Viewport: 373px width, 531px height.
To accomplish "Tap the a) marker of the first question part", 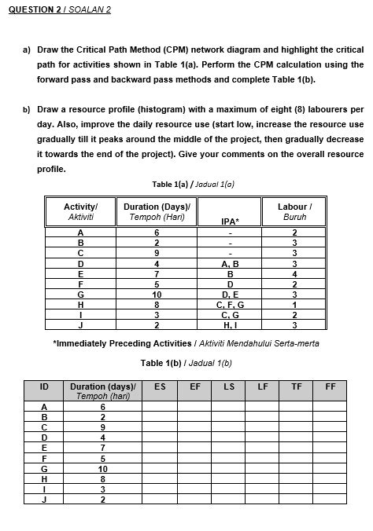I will click(25, 49).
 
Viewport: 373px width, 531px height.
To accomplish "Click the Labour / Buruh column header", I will click(293, 211).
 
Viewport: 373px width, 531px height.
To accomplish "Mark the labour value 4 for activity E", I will click(294, 273).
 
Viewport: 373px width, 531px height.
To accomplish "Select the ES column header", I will click(160, 386).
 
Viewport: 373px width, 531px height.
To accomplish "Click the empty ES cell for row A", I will click(160, 406).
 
